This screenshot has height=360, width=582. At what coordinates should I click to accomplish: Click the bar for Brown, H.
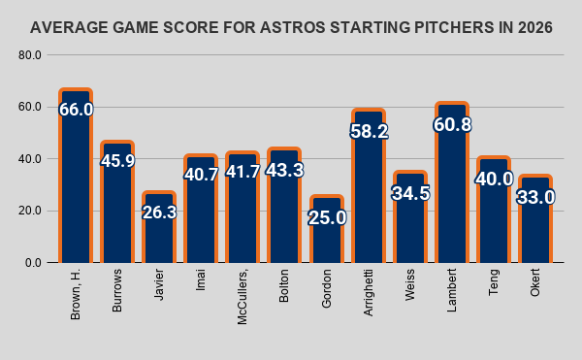point(76,176)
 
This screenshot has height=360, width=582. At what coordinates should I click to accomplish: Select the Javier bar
point(159,227)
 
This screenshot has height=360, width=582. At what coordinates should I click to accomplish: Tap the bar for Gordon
point(327,229)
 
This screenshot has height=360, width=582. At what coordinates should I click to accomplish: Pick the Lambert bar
point(452,182)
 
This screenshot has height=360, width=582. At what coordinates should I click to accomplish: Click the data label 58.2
point(369,131)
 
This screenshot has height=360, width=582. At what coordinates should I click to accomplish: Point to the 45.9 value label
point(117,161)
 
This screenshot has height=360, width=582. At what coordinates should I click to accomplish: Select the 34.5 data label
point(410,193)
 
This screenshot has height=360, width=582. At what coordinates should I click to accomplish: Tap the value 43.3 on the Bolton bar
point(284,170)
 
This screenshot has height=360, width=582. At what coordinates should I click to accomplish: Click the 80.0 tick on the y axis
point(30,55)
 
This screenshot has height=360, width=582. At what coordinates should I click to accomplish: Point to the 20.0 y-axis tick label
point(30,211)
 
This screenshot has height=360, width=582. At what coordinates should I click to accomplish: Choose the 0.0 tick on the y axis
point(33,263)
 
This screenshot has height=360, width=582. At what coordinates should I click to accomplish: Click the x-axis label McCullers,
point(242,297)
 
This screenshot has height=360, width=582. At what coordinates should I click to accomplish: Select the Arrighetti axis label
point(369,293)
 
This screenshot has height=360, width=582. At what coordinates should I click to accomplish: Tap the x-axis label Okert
point(534,282)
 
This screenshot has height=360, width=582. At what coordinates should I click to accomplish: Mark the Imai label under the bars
point(201,280)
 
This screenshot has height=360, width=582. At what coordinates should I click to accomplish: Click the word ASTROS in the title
point(293,28)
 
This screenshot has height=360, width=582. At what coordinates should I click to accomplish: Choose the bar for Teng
point(494,210)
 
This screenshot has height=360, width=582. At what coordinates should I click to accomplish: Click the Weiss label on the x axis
point(409,285)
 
